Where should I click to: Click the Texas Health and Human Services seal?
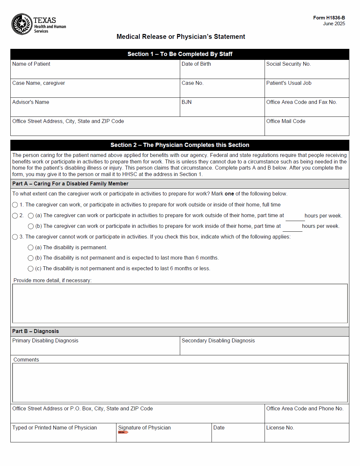22,24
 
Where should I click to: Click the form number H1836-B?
329,18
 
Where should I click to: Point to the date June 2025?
334,24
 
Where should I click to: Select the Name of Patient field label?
31,64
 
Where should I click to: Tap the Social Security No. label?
288,64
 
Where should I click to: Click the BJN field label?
187,102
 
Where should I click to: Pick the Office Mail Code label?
286,121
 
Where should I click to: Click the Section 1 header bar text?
180,54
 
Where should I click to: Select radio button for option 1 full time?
15,205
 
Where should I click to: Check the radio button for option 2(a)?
31,216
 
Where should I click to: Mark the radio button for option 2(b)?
31,226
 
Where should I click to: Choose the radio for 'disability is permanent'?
31,248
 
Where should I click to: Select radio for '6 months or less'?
31,269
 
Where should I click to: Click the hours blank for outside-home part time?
295,216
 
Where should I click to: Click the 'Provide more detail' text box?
180,304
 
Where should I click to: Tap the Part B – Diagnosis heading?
36,331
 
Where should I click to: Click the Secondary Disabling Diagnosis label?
218,341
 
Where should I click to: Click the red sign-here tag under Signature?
123,432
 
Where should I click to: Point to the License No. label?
280,428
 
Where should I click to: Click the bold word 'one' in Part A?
229,194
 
